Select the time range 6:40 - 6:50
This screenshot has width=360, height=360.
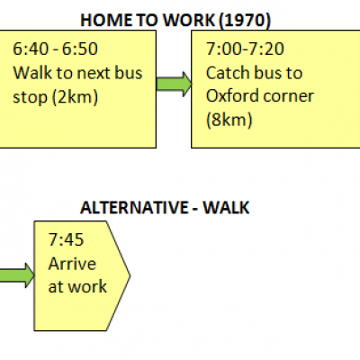[x=55, y=49]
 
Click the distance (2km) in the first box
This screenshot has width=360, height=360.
[x=75, y=97]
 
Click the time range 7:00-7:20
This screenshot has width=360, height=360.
[x=245, y=49]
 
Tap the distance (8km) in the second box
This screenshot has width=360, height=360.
[x=229, y=120]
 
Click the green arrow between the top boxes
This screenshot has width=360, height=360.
[x=174, y=84]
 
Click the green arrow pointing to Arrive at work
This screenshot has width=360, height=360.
[x=17, y=275]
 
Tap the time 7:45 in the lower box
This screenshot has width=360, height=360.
[x=66, y=239]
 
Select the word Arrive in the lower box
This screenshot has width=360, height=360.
[x=72, y=264]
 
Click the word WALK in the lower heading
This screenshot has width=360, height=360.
[x=226, y=208]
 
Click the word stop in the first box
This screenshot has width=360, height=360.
[x=30, y=98]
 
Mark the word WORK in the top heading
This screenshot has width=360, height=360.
[x=189, y=21]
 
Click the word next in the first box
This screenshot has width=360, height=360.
[x=91, y=74]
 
